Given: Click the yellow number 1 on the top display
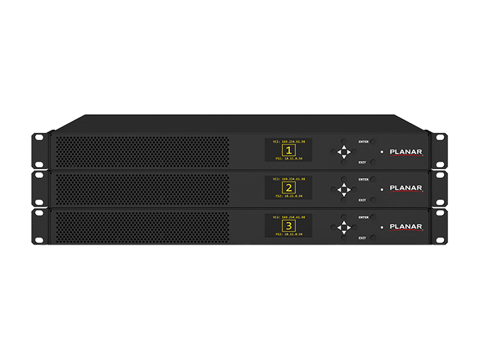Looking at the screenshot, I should (x=289, y=150).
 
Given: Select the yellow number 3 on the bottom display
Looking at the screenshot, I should (x=289, y=225).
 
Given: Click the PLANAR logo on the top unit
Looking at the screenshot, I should (x=406, y=152).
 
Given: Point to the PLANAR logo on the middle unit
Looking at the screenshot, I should (x=406, y=189).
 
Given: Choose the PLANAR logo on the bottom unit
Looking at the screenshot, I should (x=406, y=227).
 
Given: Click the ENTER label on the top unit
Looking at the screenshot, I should (x=363, y=141).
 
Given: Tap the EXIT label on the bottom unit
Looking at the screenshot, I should (x=362, y=238).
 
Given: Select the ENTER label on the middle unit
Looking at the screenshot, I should (x=363, y=179).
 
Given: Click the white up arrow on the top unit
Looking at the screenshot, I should (x=344, y=146).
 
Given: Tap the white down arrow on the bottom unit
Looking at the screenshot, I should (x=344, y=232).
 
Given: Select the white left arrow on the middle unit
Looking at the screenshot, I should (x=339, y=189).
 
